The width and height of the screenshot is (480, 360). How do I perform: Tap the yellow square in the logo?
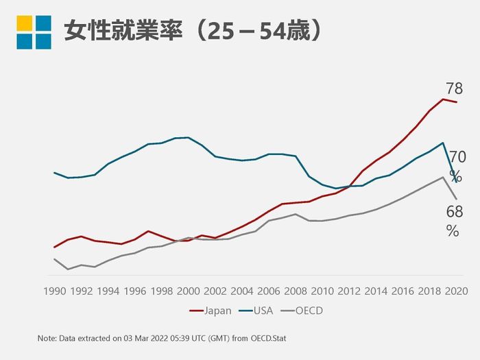(24, 23)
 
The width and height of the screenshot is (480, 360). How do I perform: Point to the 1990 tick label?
(54, 291)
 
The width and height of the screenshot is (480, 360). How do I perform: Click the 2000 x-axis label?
(188, 291)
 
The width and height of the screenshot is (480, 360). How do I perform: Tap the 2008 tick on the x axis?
(296, 291)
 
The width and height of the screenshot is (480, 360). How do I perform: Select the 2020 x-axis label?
(456, 291)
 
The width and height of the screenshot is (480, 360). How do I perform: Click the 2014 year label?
(376, 291)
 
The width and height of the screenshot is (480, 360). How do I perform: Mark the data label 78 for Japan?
(454, 88)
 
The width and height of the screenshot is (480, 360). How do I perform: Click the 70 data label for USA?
(457, 158)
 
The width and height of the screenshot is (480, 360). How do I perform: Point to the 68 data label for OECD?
(454, 212)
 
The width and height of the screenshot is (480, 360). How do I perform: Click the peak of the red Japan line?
(443, 99)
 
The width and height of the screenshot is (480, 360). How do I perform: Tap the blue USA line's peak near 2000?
(188, 137)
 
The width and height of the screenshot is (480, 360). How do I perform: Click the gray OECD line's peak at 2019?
(443, 177)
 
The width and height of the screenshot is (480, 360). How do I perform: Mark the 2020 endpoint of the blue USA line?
(456, 182)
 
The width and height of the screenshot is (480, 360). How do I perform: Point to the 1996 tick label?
(134, 291)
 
